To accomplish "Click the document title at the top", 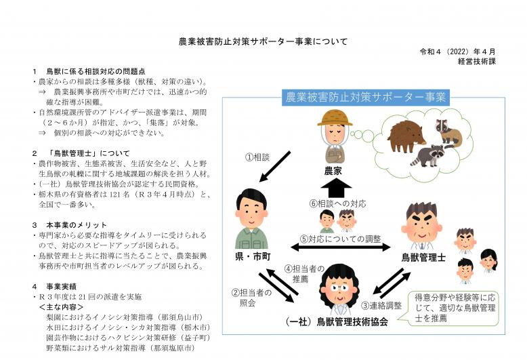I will tap(263, 41).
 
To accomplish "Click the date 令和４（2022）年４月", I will tap(467, 52).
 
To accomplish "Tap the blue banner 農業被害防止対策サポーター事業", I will tap(366, 98).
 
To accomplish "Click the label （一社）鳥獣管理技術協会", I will tap(336, 322).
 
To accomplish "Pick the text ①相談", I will tap(258, 157).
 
